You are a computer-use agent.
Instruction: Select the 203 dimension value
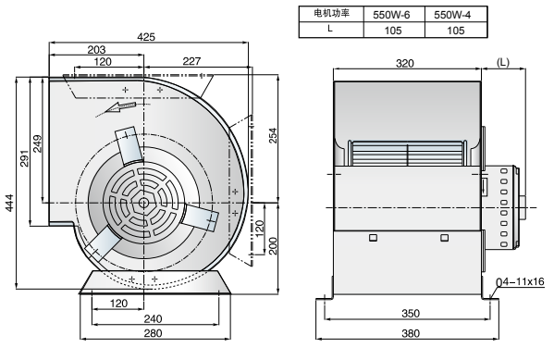click(x=95, y=50)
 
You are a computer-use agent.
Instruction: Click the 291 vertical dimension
click(x=25, y=158)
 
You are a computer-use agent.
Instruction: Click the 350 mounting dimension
click(x=410, y=313)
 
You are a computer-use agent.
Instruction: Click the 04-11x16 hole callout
click(x=521, y=281)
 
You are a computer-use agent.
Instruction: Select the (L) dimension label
click(x=502, y=63)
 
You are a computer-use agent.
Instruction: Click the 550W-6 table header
click(x=393, y=15)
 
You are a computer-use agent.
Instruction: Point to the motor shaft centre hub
click(x=143, y=203)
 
